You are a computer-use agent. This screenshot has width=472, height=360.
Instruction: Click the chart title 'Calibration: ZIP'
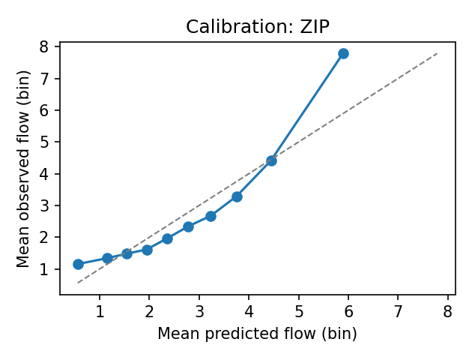257,27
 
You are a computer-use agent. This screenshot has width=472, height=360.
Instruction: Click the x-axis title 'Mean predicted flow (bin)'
257,334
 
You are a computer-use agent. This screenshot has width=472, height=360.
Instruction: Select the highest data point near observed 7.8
343,53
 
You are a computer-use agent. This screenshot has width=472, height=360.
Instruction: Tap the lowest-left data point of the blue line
78,264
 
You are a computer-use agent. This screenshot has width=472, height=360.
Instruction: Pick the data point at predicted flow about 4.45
271,160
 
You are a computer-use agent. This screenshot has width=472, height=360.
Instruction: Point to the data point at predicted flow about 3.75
237,196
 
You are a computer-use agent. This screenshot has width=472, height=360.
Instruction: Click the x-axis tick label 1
100,311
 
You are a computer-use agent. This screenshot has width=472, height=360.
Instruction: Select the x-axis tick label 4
249,311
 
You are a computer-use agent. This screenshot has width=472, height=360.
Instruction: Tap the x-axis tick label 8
447,311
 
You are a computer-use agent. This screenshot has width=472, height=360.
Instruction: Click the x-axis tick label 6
348,311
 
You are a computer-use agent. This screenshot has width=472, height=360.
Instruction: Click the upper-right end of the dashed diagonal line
437,53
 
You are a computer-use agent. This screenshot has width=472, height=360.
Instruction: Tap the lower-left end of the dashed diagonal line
78,283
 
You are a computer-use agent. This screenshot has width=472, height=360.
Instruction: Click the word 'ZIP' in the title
313,27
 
